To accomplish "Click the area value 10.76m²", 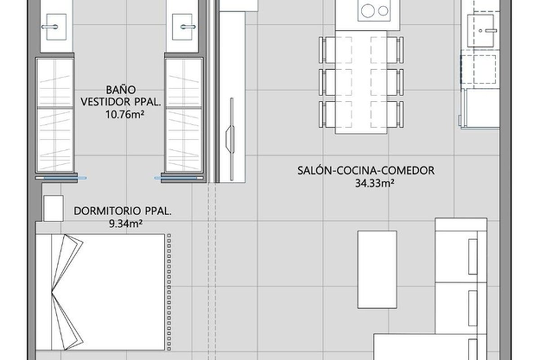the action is pos(125,115).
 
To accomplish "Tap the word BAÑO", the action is pos(121,90).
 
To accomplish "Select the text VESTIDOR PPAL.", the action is pos(121,102).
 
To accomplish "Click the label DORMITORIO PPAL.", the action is pos(123,211).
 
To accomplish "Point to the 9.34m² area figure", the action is pos(126,224).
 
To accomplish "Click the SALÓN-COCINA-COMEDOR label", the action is pos(366,171).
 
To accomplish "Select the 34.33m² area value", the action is pos(374,183).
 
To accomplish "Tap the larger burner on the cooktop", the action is pos(368,11).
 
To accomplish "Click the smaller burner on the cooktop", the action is pos(383,11).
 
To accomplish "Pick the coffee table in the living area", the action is pos(377,270).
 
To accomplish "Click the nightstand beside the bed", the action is pos(54,208).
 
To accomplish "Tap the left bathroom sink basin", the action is pos(56,27).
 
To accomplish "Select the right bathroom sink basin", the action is pos(182,27).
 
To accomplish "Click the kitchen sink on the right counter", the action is pos(481,31).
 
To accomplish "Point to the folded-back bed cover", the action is pos(67,292).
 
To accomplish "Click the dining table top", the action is pos(361,82).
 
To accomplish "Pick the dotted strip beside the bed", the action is pos(169,292).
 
